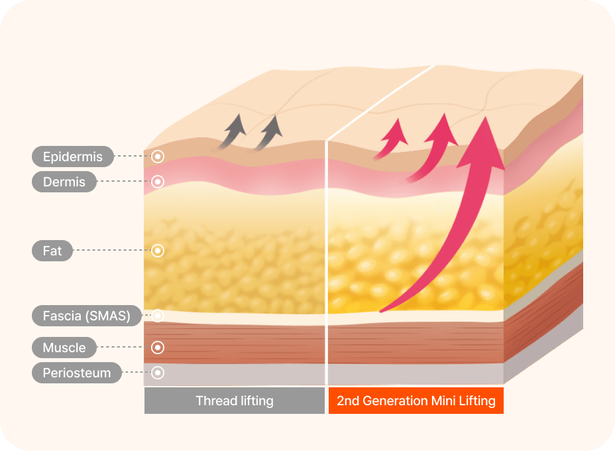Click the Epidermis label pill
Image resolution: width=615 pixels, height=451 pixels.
(72, 157)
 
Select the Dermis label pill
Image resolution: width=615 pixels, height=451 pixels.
(64, 182)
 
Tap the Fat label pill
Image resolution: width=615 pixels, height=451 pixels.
(52, 251)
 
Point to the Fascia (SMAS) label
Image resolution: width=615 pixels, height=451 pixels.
(86, 316)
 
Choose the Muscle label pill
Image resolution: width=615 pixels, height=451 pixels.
(64, 348)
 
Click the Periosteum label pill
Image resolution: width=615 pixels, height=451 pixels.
(76, 373)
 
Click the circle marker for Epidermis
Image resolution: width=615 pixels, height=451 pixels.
(158, 157)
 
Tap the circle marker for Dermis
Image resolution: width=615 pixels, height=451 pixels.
(158, 182)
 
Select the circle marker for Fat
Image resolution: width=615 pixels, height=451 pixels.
(158, 251)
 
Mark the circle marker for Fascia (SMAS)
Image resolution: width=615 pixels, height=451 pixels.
(158, 316)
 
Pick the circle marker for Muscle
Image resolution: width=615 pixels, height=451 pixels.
(158, 348)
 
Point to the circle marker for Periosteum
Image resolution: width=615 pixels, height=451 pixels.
(158, 373)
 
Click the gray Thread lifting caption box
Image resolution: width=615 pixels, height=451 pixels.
(235, 401)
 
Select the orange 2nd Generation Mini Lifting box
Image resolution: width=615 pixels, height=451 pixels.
(416, 401)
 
